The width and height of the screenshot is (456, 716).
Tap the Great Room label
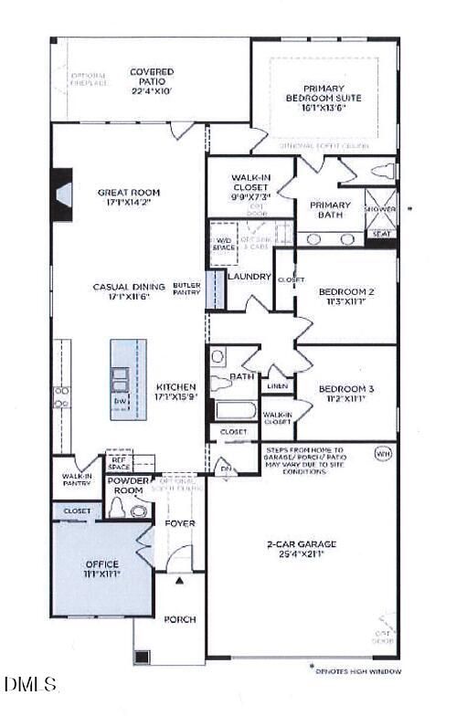129,198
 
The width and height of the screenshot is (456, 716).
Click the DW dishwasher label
119,401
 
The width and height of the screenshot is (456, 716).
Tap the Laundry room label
249,276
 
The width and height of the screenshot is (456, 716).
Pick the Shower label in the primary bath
381,209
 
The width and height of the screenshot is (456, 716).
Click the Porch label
180,619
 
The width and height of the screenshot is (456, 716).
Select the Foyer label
180,523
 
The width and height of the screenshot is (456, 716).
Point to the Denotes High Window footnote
357,671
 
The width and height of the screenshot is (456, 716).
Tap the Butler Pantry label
186,290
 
